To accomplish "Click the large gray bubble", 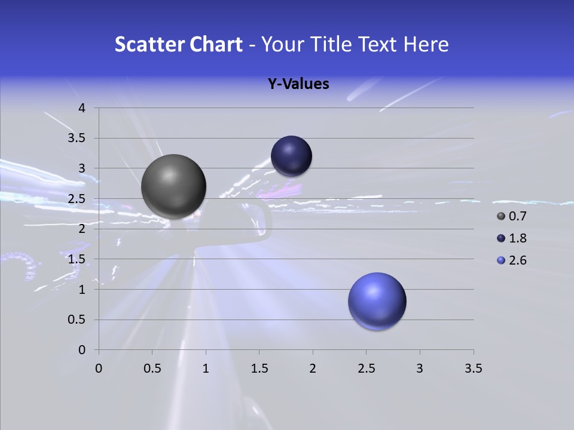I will click(173, 186).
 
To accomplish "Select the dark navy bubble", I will click(291, 156).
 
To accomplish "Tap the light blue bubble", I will click(377, 301).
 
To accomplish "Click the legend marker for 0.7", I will click(501, 216).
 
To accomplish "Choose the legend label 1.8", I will click(517, 238).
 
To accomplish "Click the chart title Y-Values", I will click(298, 84).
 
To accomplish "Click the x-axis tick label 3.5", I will click(473, 368).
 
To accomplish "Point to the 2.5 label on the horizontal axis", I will click(366, 368).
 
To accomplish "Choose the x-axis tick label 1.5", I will click(259, 368).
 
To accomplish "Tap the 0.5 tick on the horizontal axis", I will click(152, 368).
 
